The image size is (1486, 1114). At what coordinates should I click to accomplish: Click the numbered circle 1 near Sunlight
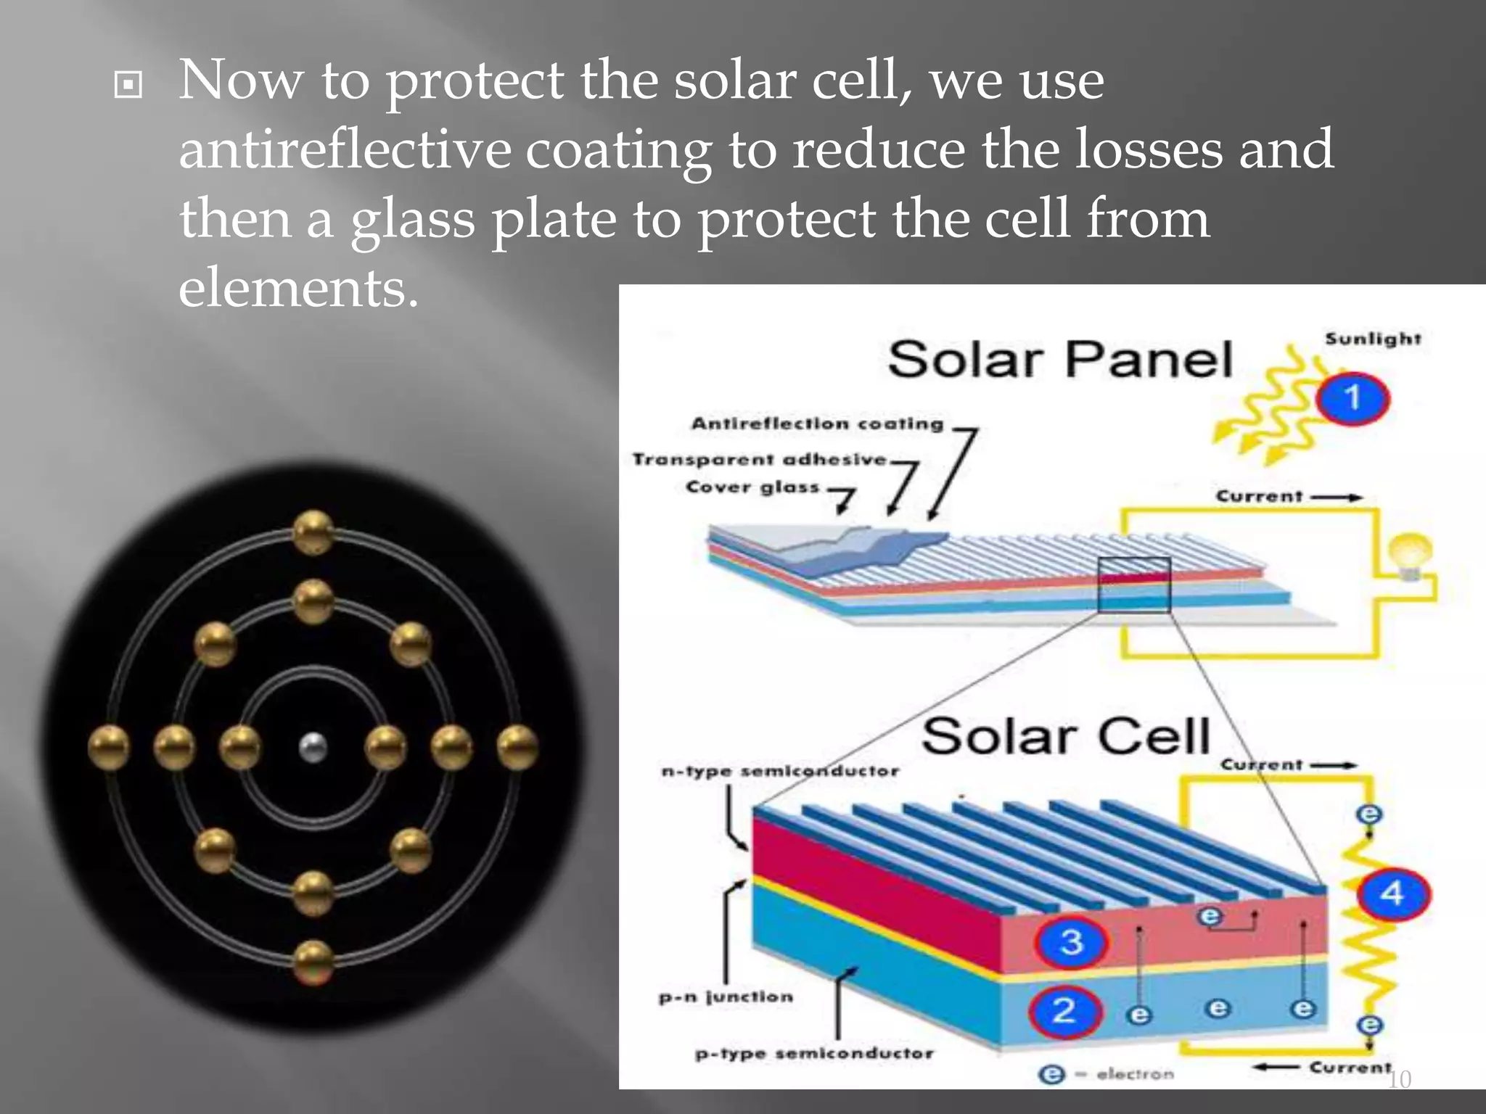pos(1352,398)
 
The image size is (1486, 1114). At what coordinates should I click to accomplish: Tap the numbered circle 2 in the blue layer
pos(1064,1010)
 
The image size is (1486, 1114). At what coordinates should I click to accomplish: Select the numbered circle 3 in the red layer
pos(1072,942)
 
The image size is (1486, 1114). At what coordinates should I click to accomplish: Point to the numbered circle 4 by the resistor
pos(1392,894)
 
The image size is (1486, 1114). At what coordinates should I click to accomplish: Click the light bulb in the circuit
pos(1410,555)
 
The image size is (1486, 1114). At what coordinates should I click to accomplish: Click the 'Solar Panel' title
pos(1060,360)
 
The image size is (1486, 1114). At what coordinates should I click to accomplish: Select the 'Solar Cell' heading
pos(1066,737)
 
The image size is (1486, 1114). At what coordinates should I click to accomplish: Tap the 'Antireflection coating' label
pos(817,424)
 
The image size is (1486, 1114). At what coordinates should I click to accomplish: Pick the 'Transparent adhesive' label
pos(759,459)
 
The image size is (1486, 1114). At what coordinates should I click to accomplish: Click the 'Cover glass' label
pos(752,487)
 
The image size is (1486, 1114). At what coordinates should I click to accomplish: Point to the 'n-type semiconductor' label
pos(780,771)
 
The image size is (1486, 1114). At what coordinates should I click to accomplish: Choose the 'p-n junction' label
pos(726,997)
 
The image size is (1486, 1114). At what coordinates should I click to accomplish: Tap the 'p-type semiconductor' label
pos(814,1053)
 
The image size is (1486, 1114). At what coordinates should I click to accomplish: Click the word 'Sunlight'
pos(1373,339)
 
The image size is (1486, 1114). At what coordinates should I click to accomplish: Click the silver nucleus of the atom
pos(313,747)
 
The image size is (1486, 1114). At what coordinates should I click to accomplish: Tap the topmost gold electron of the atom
pos(313,532)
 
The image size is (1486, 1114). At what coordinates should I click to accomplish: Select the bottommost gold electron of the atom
pos(313,962)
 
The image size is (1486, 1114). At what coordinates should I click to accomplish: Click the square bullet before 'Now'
pos(128,86)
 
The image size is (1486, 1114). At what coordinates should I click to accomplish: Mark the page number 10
pos(1399,1079)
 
